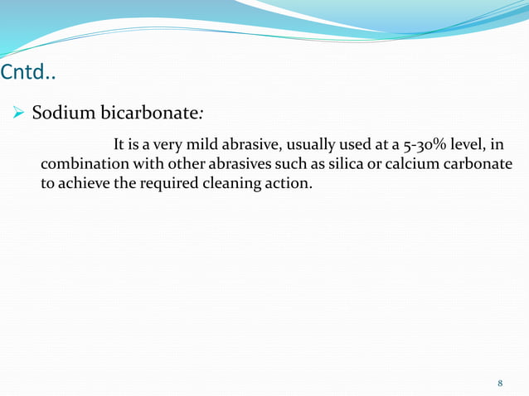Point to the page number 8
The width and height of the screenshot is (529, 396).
[x=500, y=383]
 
